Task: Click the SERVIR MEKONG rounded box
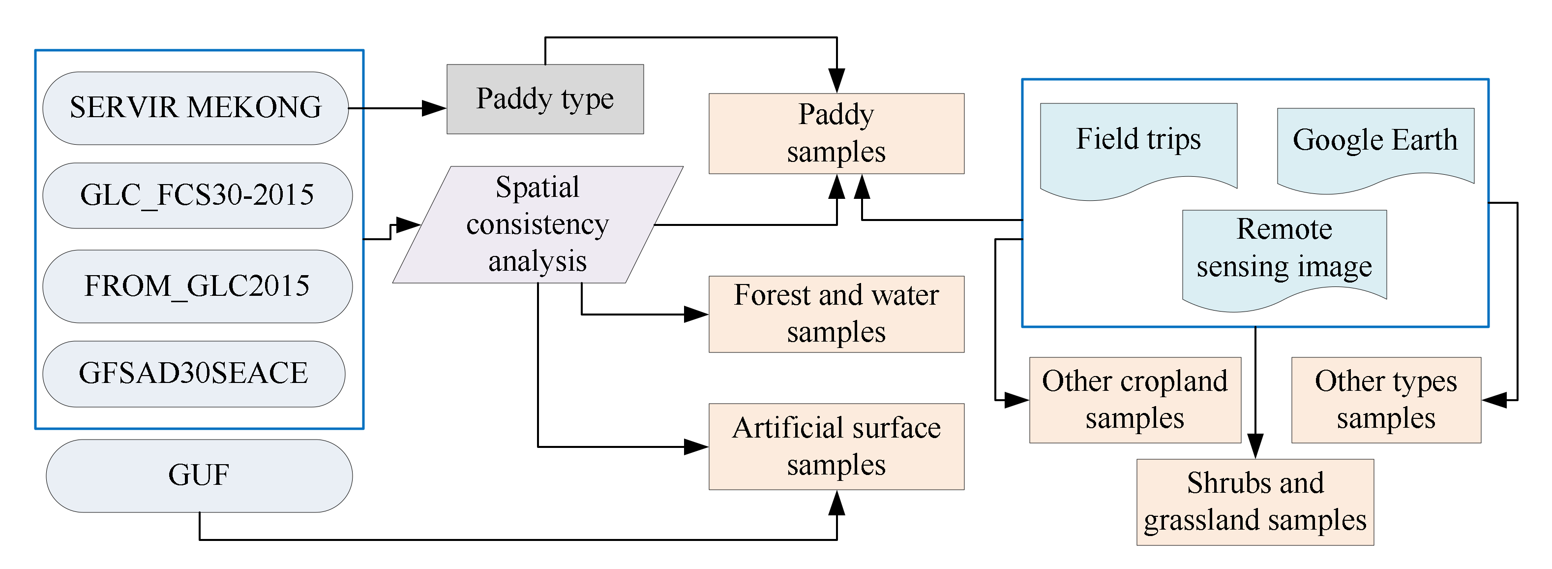(x=195, y=108)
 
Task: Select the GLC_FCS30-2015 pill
(x=197, y=195)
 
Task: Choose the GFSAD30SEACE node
(x=193, y=373)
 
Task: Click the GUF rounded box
(x=199, y=475)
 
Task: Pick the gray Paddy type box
(x=545, y=99)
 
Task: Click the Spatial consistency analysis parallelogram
(x=537, y=224)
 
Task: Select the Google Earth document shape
(x=1375, y=145)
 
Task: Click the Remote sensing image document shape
(x=1284, y=253)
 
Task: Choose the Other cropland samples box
(x=1134, y=400)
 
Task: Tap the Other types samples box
(x=1385, y=400)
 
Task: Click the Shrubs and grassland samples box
(x=1254, y=502)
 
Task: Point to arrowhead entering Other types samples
(x=1494, y=400)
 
